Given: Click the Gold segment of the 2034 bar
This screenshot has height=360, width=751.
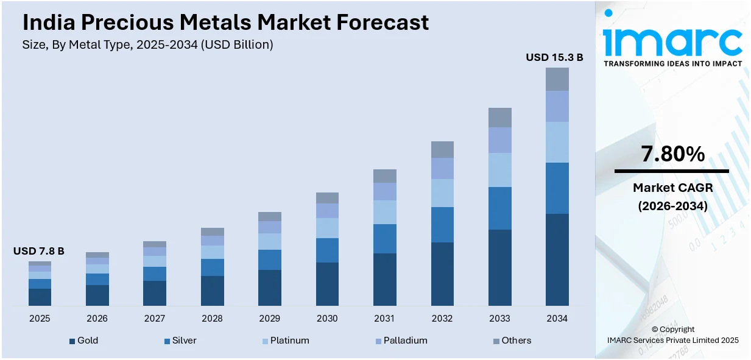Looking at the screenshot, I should (557, 259).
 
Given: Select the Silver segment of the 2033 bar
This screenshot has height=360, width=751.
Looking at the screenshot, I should (499, 208).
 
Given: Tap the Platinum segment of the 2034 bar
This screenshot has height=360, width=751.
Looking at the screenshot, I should (557, 142).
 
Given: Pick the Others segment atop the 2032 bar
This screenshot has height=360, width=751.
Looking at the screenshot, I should (442, 149).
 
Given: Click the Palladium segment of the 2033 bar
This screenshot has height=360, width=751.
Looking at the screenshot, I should (499, 139).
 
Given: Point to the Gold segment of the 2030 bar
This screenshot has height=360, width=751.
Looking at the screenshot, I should (327, 284).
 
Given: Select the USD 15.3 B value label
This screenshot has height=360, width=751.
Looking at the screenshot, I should (554, 57).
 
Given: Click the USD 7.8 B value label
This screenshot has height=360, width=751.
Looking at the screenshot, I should (39, 251).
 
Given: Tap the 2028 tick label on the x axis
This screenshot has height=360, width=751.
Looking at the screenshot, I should (212, 319).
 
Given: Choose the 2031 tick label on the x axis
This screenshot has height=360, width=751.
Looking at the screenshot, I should (384, 319).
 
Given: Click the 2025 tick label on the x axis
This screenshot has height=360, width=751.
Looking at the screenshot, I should (40, 319).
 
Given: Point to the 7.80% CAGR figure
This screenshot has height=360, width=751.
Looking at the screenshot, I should (672, 154).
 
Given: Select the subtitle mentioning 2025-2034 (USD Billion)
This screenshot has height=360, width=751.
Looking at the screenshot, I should (147, 44).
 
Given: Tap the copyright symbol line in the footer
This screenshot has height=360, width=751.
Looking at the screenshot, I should (672, 330).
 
